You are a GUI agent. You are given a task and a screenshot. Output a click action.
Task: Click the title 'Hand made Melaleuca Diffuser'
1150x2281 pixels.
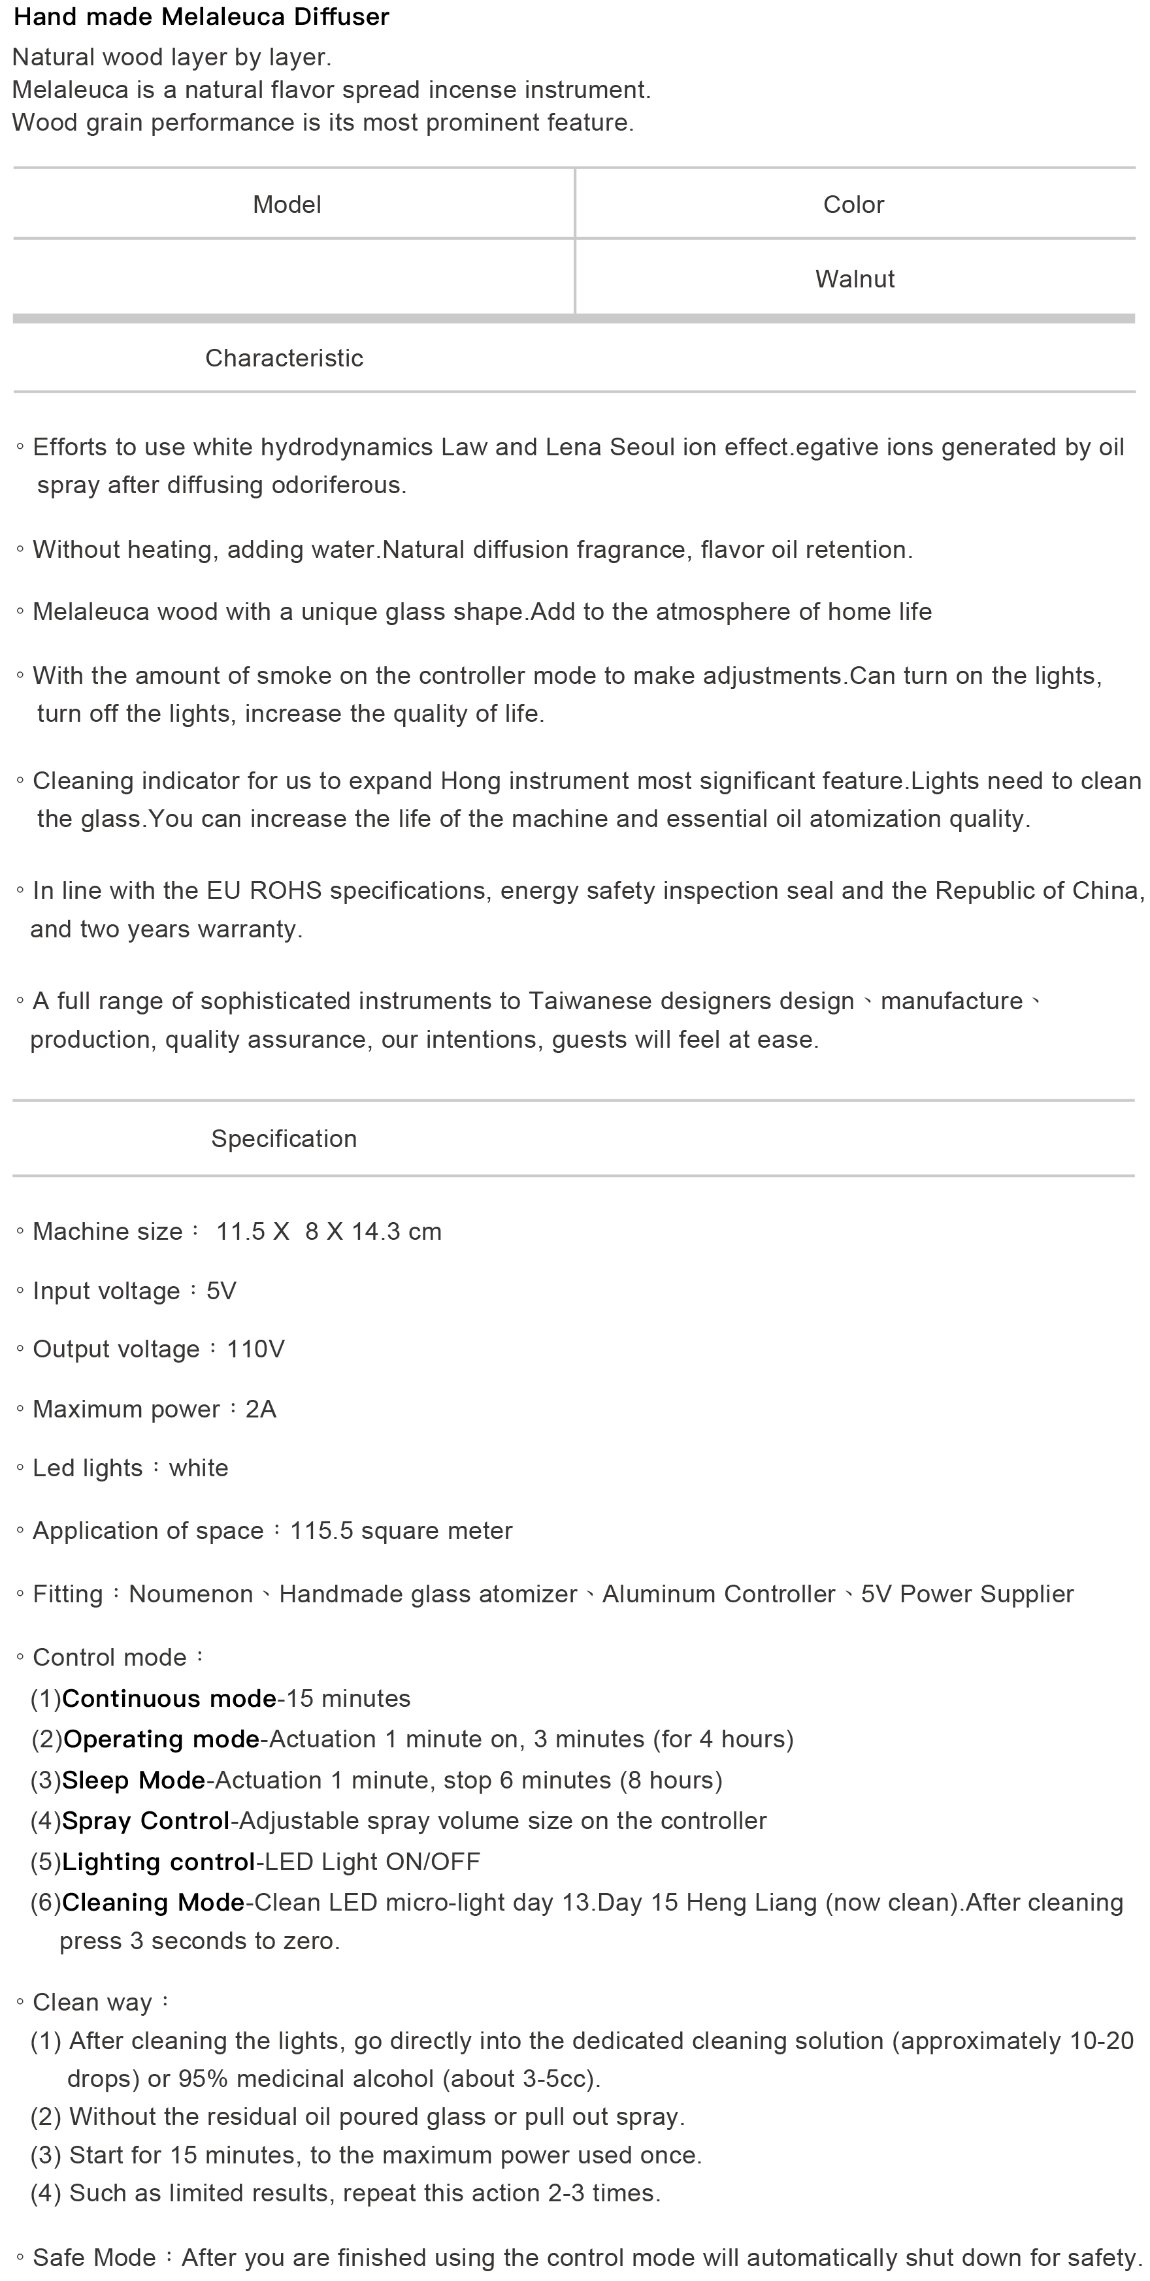pos(201,17)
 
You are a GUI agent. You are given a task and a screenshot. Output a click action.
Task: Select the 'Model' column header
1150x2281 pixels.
pos(287,204)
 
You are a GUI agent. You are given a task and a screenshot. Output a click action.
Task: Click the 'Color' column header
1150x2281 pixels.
pos(853,204)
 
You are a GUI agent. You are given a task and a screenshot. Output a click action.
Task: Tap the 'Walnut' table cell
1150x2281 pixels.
pos(854,279)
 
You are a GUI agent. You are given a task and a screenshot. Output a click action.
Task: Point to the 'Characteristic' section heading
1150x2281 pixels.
pos(284,358)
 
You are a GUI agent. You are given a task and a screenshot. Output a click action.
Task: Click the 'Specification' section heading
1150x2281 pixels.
pos(284,1139)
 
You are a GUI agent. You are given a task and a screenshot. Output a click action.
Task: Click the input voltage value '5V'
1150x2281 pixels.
pos(222,1291)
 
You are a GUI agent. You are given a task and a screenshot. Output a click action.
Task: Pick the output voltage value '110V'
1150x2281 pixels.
pos(255,1350)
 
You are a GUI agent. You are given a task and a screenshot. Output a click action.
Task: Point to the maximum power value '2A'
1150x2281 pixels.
pos(261,1409)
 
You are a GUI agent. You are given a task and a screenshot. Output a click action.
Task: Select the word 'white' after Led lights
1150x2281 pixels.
pos(199,1468)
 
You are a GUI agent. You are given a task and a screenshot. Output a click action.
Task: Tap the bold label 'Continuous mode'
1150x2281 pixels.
pos(169,1698)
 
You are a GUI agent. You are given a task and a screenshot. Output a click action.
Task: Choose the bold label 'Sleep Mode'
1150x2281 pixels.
pos(134,1780)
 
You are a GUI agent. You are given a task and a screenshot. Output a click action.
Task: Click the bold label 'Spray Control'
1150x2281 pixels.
pos(146,1820)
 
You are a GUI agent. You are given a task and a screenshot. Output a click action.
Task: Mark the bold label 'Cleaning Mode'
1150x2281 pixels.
pos(154,1902)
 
